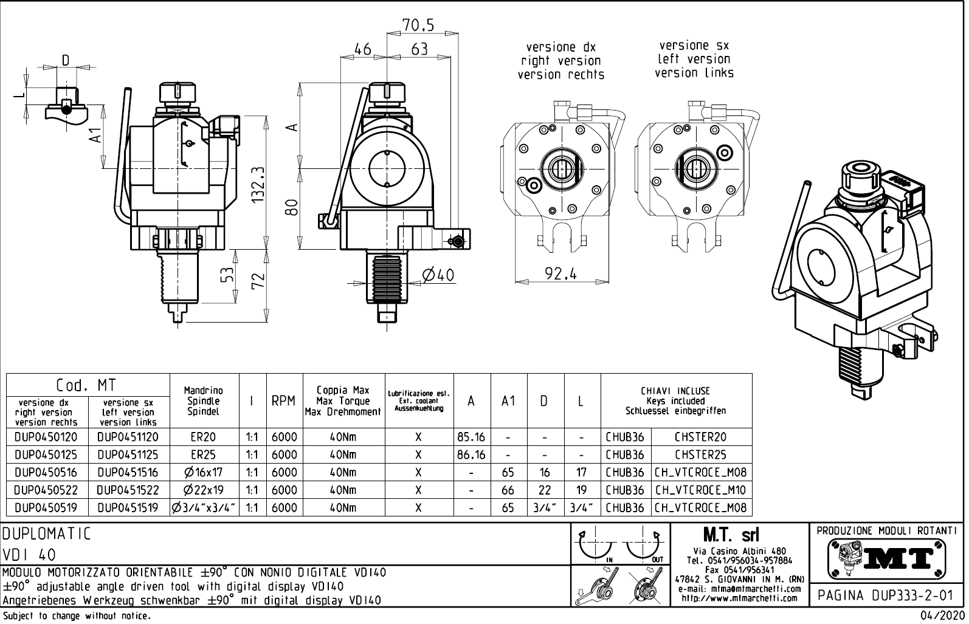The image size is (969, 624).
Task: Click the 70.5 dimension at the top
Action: coord(418,25)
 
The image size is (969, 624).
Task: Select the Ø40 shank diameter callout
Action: coord(438,275)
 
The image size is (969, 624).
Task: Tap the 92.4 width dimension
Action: coord(560,274)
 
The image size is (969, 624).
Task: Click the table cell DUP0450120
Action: coord(46,437)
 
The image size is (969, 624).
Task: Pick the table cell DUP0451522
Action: coord(128,490)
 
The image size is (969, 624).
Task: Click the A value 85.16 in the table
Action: coord(471,437)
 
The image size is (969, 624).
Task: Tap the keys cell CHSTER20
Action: coord(700,437)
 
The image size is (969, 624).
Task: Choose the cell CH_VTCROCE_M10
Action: coord(700,490)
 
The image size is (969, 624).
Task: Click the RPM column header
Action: coord(283,401)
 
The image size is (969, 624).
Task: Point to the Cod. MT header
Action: coord(86,385)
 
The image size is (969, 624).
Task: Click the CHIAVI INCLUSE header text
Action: coord(675,391)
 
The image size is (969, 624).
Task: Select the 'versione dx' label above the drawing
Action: coord(560,47)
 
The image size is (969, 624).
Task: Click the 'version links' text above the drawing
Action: coord(694,73)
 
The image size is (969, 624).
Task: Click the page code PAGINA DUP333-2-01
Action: coord(886,595)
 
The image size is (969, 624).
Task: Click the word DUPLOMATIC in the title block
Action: coord(47,534)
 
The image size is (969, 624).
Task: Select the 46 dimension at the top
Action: coord(362,49)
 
